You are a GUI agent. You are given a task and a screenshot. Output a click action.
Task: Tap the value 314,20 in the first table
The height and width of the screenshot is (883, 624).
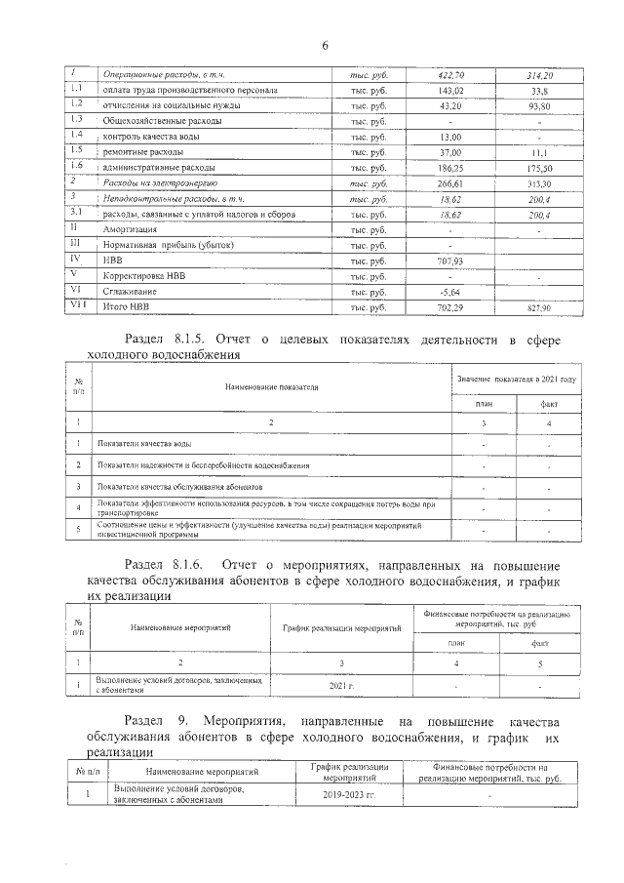tap(539, 74)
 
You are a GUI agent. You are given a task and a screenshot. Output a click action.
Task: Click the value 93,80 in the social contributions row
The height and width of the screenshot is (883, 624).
tap(539, 105)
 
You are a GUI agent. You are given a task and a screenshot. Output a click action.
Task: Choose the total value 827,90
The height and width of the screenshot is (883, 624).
tap(539, 308)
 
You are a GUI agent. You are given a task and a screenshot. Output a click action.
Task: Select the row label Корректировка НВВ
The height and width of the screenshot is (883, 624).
tap(142, 277)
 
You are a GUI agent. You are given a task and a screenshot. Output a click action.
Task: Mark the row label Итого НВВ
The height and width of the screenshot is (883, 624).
tap(128, 308)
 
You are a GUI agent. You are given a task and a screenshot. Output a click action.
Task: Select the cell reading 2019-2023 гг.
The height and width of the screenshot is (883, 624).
tap(349, 795)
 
